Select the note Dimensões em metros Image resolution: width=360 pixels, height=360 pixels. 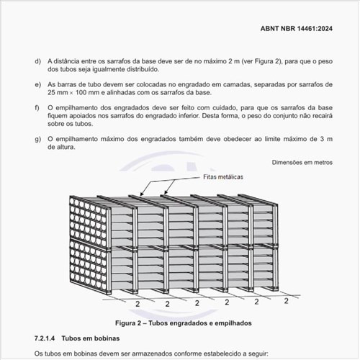point(302,163)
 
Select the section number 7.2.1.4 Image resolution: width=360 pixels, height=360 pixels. point(46,338)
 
